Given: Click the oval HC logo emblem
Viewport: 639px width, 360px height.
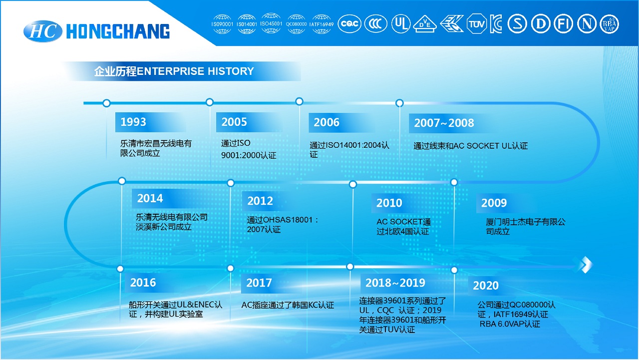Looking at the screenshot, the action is (x=43, y=31).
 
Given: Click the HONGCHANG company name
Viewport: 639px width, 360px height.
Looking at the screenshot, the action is (x=118, y=31).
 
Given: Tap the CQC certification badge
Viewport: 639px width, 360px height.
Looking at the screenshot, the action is (x=349, y=23).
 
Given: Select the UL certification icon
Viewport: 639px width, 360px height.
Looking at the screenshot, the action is (x=401, y=23).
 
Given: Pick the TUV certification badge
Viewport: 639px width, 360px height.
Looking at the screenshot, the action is (x=476, y=23).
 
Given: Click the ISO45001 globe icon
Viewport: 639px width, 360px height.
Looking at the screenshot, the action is (x=271, y=23).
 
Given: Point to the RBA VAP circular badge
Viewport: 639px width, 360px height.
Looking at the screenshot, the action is (x=609, y=24).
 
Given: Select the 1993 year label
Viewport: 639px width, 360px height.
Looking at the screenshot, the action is (x=133, y=122).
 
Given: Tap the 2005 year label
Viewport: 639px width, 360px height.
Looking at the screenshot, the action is (x=234, y=122).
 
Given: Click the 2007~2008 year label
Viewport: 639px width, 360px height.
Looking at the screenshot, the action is (x=444, y=123).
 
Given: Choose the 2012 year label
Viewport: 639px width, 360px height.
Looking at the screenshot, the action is (x=260, y=201).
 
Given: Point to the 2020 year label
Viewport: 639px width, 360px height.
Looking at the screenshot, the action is (x=486, y=285).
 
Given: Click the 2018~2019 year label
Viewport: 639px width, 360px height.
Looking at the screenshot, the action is (x=395, y=283).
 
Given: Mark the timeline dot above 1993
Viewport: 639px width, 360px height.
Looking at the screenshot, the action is (x=106, y=103).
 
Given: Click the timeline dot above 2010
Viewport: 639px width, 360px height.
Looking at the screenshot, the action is (x=353, y=184).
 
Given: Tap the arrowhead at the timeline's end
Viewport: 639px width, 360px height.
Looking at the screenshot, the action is (x=586, y=265).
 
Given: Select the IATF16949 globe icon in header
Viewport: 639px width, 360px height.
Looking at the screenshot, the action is (x=321, y=24).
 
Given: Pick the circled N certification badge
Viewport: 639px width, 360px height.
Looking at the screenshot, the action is (x=587, y=23).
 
